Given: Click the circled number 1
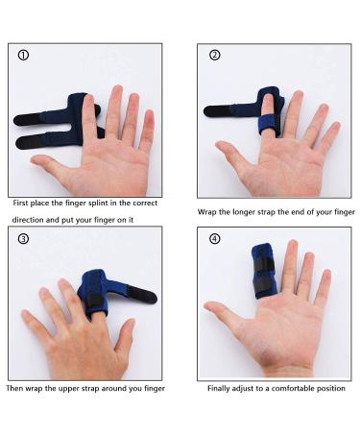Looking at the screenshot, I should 24,55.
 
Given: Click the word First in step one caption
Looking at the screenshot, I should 22,204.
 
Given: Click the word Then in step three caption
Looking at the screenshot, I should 14,389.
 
